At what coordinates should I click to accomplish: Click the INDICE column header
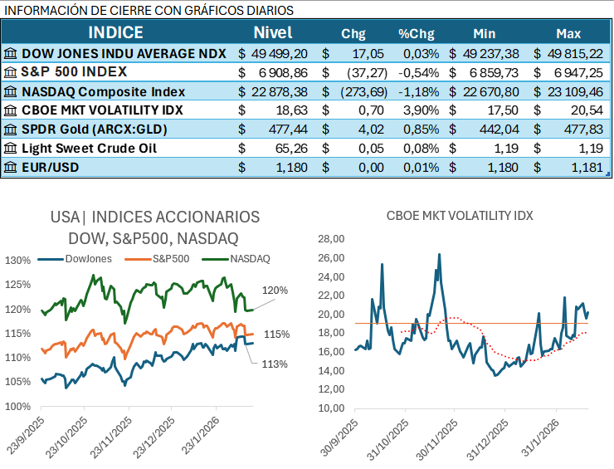point(115,33)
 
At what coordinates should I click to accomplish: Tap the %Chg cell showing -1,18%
point(417,91)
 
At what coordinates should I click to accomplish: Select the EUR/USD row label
point(49,168)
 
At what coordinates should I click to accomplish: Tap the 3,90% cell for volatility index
point(417,110)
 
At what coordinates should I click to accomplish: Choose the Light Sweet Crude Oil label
point(89,149)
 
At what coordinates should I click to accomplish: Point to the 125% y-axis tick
point(17,285)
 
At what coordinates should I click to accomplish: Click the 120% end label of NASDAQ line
point(276,291)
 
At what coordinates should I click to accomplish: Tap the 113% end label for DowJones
point(275,364)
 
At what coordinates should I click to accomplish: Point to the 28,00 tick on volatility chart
point(332,239)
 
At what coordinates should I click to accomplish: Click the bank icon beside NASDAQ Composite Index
point(10,91)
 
